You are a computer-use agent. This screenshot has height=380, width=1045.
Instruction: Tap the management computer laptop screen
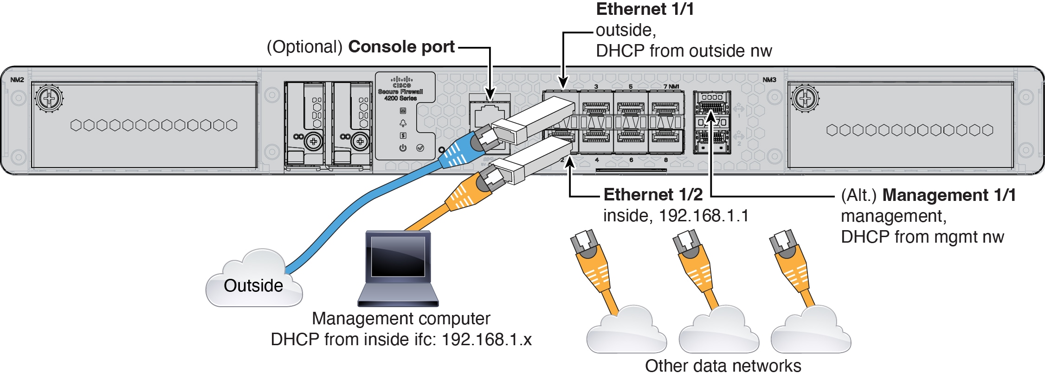coord(398,257)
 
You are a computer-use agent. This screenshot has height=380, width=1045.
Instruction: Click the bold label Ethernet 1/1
coord(644,10)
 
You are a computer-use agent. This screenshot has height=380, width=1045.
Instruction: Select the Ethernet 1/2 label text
coord(653,195)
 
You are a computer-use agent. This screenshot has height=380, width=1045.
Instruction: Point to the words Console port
coord(401,47)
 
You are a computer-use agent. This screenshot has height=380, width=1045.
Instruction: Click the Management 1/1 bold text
coord(948,195)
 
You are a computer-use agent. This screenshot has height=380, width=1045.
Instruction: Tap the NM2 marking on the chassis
coord(17,80)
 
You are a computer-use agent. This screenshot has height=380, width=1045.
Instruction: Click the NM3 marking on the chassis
coord(769,80)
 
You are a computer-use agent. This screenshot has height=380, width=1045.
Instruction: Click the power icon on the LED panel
coord(403,148)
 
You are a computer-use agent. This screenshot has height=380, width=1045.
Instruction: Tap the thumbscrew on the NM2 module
coord(49,98)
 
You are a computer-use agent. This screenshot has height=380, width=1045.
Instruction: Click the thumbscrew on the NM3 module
coord(805,98)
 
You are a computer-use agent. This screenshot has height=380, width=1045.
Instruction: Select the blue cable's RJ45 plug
coord(483,139)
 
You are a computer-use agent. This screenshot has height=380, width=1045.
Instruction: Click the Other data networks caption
coord(722,366)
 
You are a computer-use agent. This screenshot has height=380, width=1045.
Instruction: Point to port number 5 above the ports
coord(631,87)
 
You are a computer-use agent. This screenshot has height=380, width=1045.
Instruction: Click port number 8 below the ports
coord(665,160)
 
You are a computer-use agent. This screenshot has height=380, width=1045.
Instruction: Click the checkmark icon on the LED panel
coord(420,148)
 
